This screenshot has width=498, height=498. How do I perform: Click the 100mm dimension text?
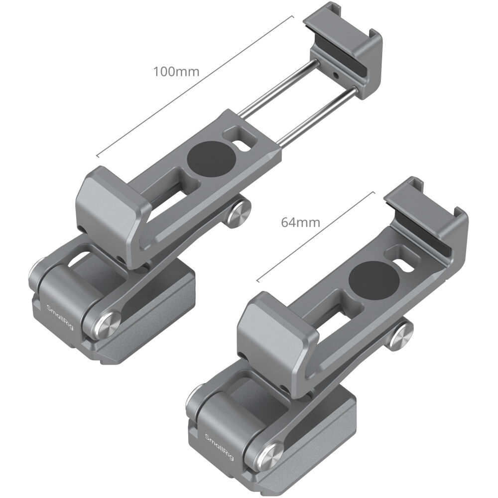click(x=176, y=71)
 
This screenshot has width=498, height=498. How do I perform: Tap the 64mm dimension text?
click(x=300, y=222)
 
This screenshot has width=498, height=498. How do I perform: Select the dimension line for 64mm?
click(x=316, y=234)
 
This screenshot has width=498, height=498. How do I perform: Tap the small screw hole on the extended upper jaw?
click(x=338, y=76)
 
